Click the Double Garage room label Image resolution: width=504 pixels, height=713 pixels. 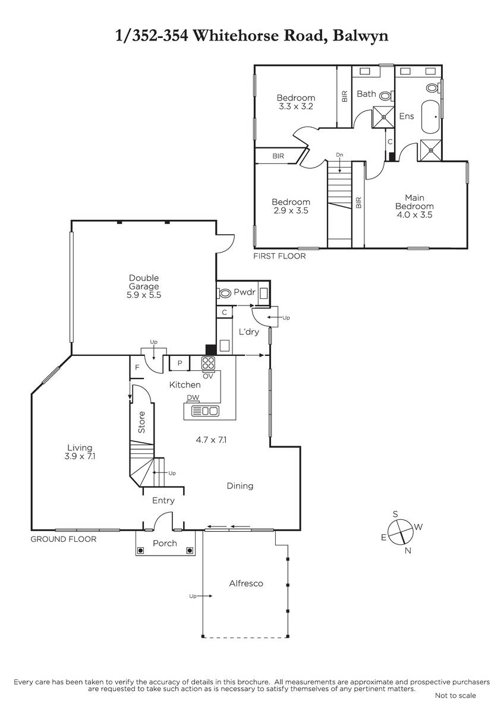(144, 282)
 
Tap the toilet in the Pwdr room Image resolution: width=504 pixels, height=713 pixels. (224, 293)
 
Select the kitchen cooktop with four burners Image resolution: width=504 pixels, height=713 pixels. (209, 363)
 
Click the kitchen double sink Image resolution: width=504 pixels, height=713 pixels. (205, 411)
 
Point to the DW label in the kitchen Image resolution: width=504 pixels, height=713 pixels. (193, 397)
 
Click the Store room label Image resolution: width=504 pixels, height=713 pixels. (141, 422)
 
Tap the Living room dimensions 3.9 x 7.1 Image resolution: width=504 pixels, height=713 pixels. (80, 456)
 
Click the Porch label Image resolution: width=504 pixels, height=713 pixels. (165, 543)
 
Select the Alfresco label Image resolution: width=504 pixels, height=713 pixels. (246, 583)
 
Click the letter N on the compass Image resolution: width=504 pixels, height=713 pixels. (408, 551)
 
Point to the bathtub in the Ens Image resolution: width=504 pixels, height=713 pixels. (430, 117)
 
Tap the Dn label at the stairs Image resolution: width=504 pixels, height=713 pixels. (340, 155)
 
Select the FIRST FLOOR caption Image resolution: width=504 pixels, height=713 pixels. (279, 256)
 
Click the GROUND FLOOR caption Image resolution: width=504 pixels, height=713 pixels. (64, 540)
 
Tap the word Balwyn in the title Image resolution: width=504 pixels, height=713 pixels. (360, 36)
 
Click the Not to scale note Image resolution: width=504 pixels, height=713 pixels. (455, 696)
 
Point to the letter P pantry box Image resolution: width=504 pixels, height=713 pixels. (179, 363)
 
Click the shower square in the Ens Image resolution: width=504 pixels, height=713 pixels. (431, 150)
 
